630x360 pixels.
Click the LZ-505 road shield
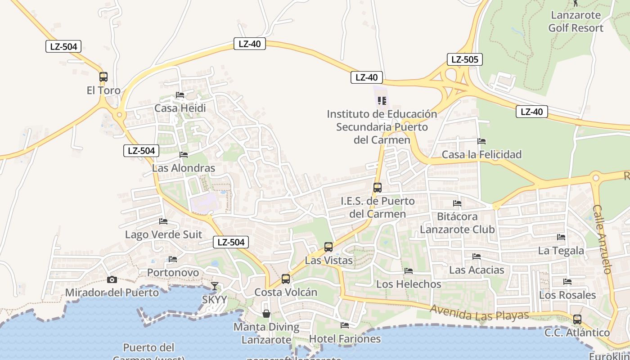tap(465, 59)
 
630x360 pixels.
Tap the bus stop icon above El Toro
tap(103, 77)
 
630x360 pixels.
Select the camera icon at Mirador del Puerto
tap(112, 280)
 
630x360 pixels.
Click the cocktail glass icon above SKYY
tap(215, 286)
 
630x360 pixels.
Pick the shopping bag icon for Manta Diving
tap(266, 314)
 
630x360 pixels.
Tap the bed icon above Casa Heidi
tap(180, 95)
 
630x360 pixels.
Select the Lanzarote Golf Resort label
tap(576, 22)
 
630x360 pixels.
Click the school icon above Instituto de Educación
tap(382, 101)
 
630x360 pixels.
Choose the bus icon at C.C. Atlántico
tap(577, 319)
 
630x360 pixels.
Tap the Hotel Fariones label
tap(345, 339)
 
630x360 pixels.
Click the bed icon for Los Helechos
tap(409, 271)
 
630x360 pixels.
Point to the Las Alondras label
tap(184, 168)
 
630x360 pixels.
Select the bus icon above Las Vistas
tap(328, 247)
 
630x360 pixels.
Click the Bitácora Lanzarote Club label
tap(457, 223)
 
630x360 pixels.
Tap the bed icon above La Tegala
tap(561, 237)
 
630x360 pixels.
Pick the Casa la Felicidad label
tap(481, 154)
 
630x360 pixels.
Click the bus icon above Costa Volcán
tap(286, 279)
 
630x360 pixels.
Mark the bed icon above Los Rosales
tap(567, 282)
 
